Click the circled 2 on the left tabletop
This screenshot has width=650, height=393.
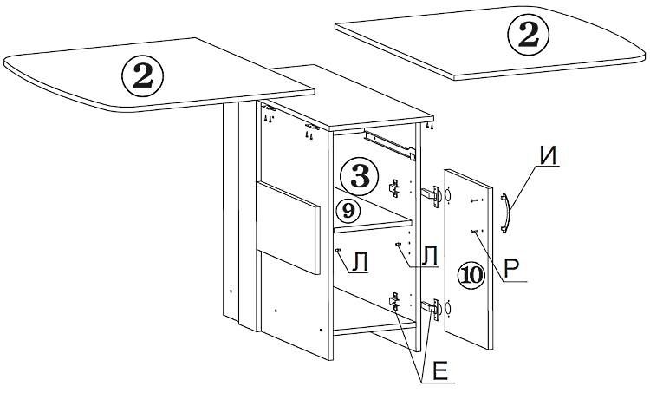pyautogui.click(x=142, y=76)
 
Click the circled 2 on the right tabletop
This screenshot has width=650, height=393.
pyautogui.click(x=529, y=35)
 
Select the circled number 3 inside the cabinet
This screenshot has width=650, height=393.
pyautogui.click(x=360, y=177)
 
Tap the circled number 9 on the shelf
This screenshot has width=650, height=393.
pyautogui.click(x=348, y=211)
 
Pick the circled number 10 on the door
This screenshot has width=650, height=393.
pyautogui.click(x=471, y=275)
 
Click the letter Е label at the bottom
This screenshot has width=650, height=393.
pyautogui.click(x=439, y=371)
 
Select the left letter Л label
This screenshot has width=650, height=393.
pyautogui.click(x=360, y=262)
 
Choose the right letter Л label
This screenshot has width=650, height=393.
pyautogui.click(x=430, y=255)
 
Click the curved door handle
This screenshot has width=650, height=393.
pyautogui.click(x=505, y=213)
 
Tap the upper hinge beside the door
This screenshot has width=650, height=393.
pyautogui.click(x=431, y=195)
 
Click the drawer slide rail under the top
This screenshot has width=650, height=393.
pyautogui.click(x=390, y=145)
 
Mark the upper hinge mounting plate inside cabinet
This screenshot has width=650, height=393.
pyautogui.click(x=394, y=188)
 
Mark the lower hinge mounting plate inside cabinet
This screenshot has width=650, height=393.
pyautogui.click(x=394, y=301)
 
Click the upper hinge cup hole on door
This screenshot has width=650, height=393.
pyautogui.click(x=448, y=196)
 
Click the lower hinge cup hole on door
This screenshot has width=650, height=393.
pyautogui.click(x=448, y=309)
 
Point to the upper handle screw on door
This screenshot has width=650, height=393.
pyautogui.click(x=476, y=200)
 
